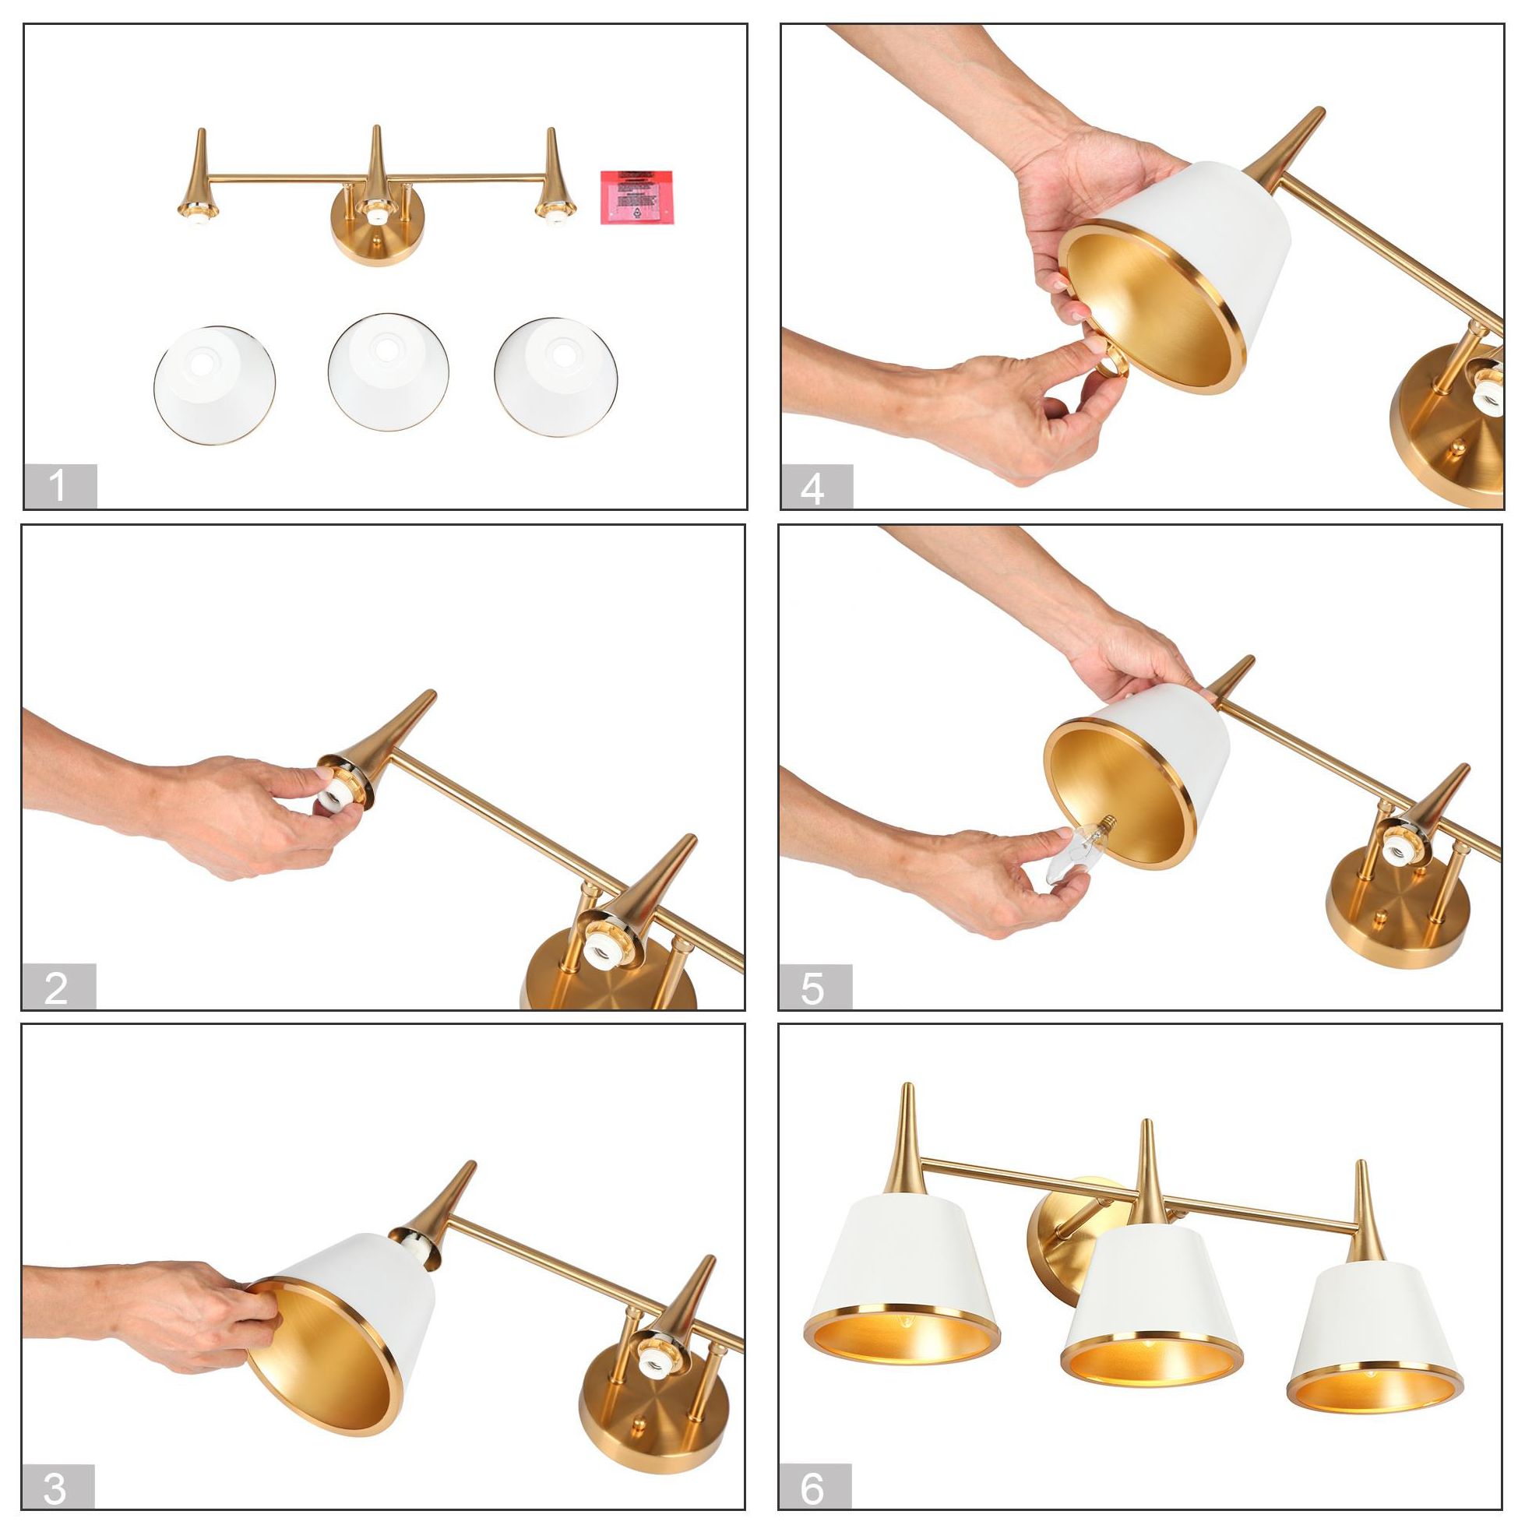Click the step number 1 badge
pyautogui.click(x=60, y=486)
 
